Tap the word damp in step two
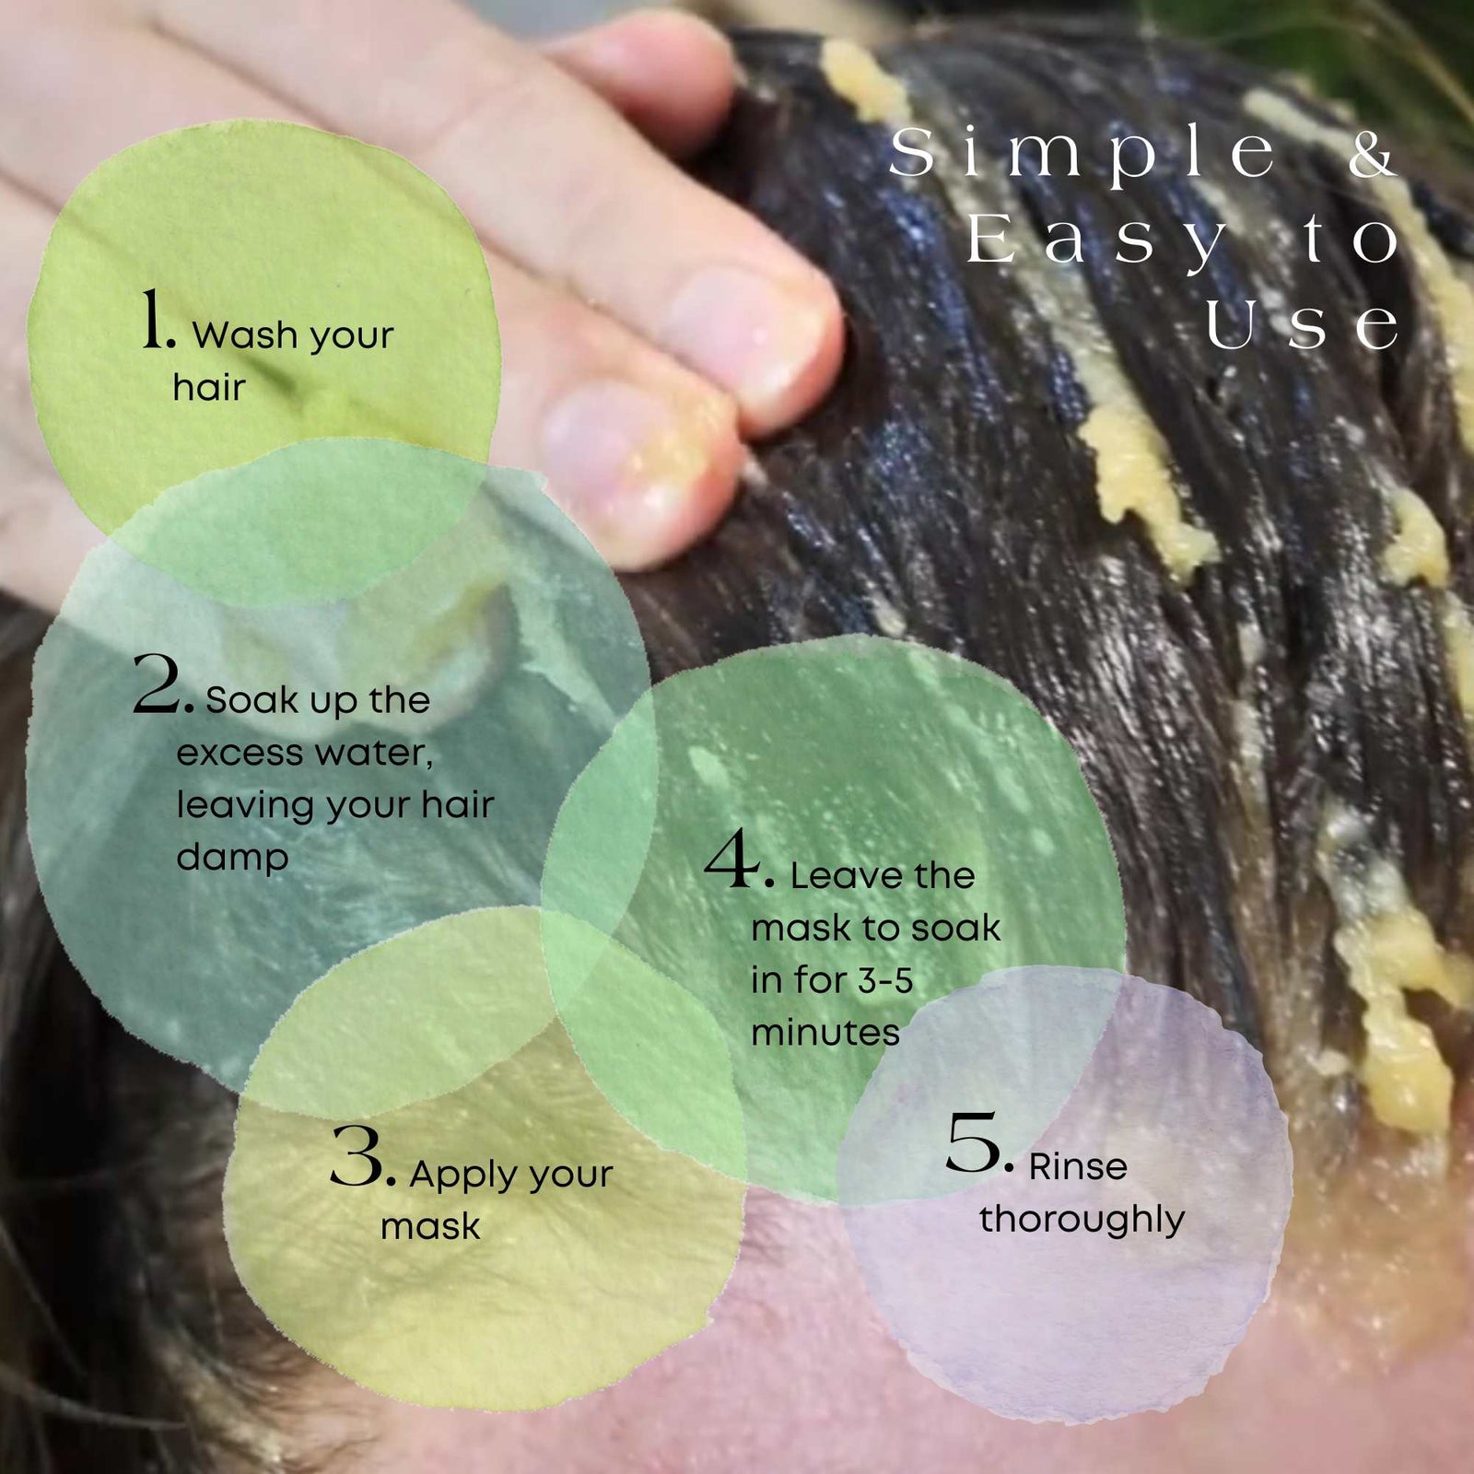tap(232, 859)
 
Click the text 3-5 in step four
tap(885, 981)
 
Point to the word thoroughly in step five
tap(1082, 1220)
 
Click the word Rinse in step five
tap(1078, 1167)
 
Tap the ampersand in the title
tap(1373, 154)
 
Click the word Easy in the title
tap(1096, 241)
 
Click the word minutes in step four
tap(825, 1033)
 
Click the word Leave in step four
tap(845, 876)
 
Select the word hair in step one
tap(209, 388)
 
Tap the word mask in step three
tap(430, 1227)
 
